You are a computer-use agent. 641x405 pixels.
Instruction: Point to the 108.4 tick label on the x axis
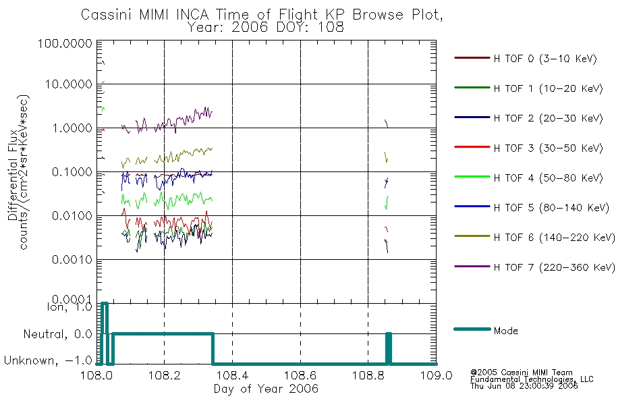232,375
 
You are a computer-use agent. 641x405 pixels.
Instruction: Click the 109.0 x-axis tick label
436,375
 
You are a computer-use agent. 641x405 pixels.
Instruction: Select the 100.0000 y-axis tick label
65,43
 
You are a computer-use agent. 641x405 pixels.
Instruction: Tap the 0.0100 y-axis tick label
72,215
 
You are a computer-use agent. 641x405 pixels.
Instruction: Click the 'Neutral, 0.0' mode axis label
57,334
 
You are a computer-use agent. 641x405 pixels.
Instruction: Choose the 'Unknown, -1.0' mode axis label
48,360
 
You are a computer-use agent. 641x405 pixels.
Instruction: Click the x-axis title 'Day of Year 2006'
266,389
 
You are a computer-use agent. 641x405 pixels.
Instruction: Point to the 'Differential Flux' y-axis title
13,175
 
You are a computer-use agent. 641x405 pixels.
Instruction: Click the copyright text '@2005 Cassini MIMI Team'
521,373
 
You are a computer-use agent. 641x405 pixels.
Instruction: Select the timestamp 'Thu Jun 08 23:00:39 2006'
524,386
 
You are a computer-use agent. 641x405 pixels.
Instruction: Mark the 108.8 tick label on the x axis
368,375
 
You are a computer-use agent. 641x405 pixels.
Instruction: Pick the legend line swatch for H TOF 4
472,177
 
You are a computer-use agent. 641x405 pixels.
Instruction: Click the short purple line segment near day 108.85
387,124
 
